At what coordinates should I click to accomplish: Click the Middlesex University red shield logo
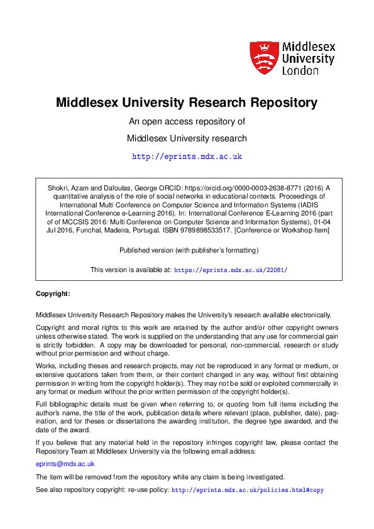pyautogui.click(x=263, y=58)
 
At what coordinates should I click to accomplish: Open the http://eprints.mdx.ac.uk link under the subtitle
pyautogui.click(x=187, y=156)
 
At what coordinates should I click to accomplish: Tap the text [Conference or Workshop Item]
pyautogui.click(x=276, y=231)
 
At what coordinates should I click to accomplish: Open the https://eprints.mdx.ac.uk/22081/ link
pyautogui.click(x=230, y=270)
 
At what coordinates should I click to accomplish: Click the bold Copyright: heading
pyautogui.click(x=53, y=293)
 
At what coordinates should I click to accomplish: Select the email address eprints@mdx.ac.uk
pyautogui.click(x=65, y=464)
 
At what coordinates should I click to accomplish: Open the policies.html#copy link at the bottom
pyautogui.click(x=247, y=489)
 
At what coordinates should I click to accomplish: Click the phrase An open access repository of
pyautogui.click(x=187, y=121)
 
